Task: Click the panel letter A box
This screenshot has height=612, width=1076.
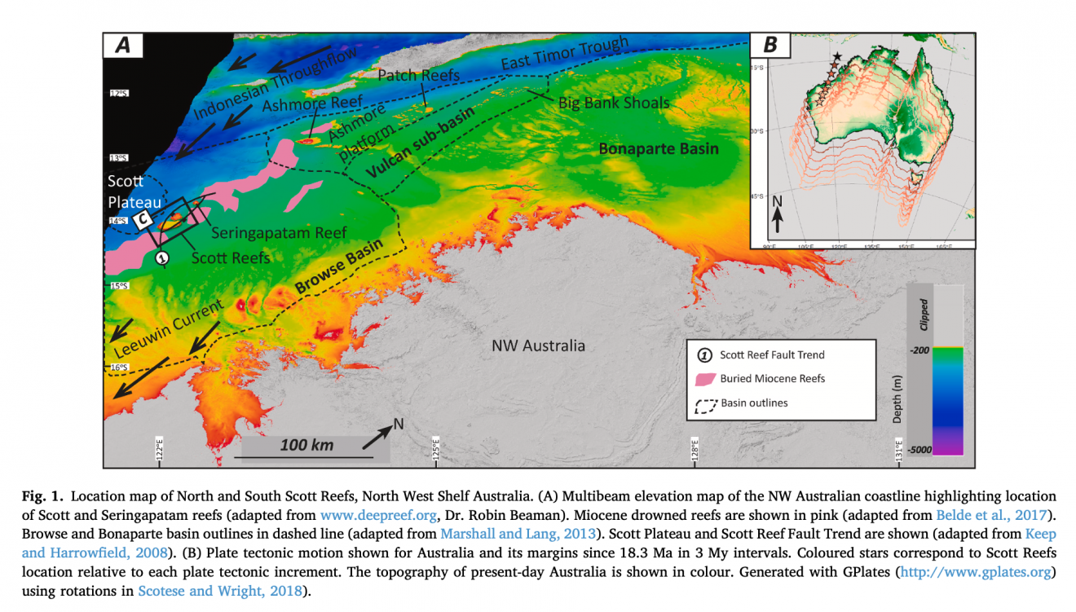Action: coord(123,46)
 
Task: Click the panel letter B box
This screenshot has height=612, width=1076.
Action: coord(770,46)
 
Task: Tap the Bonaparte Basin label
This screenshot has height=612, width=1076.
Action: coord(659,148)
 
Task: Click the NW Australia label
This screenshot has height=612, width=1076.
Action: coord(538,346)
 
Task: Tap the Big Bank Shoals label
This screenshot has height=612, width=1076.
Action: coord(613,103)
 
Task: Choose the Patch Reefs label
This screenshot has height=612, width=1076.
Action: coord(419,75)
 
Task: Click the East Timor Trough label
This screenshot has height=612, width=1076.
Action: coord(564,53)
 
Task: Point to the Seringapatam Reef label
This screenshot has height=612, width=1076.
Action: coord(279,232)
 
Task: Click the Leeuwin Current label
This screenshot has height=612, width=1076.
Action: coord(168,328)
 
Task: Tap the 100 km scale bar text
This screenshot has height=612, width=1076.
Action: coord(306,444)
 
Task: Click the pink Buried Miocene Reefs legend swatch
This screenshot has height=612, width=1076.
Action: coord(704,379)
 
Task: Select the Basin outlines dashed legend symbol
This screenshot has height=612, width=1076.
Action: coord(704,404)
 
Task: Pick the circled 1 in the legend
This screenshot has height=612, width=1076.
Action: coord(704,354)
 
